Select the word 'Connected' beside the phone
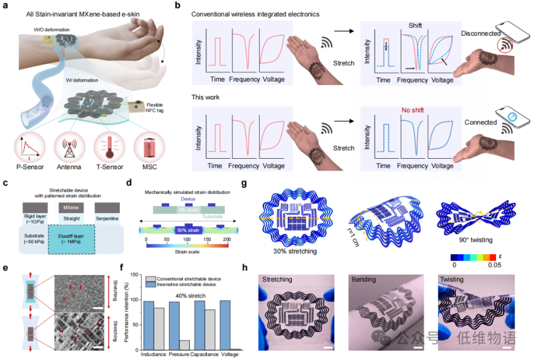pos(480,122)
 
